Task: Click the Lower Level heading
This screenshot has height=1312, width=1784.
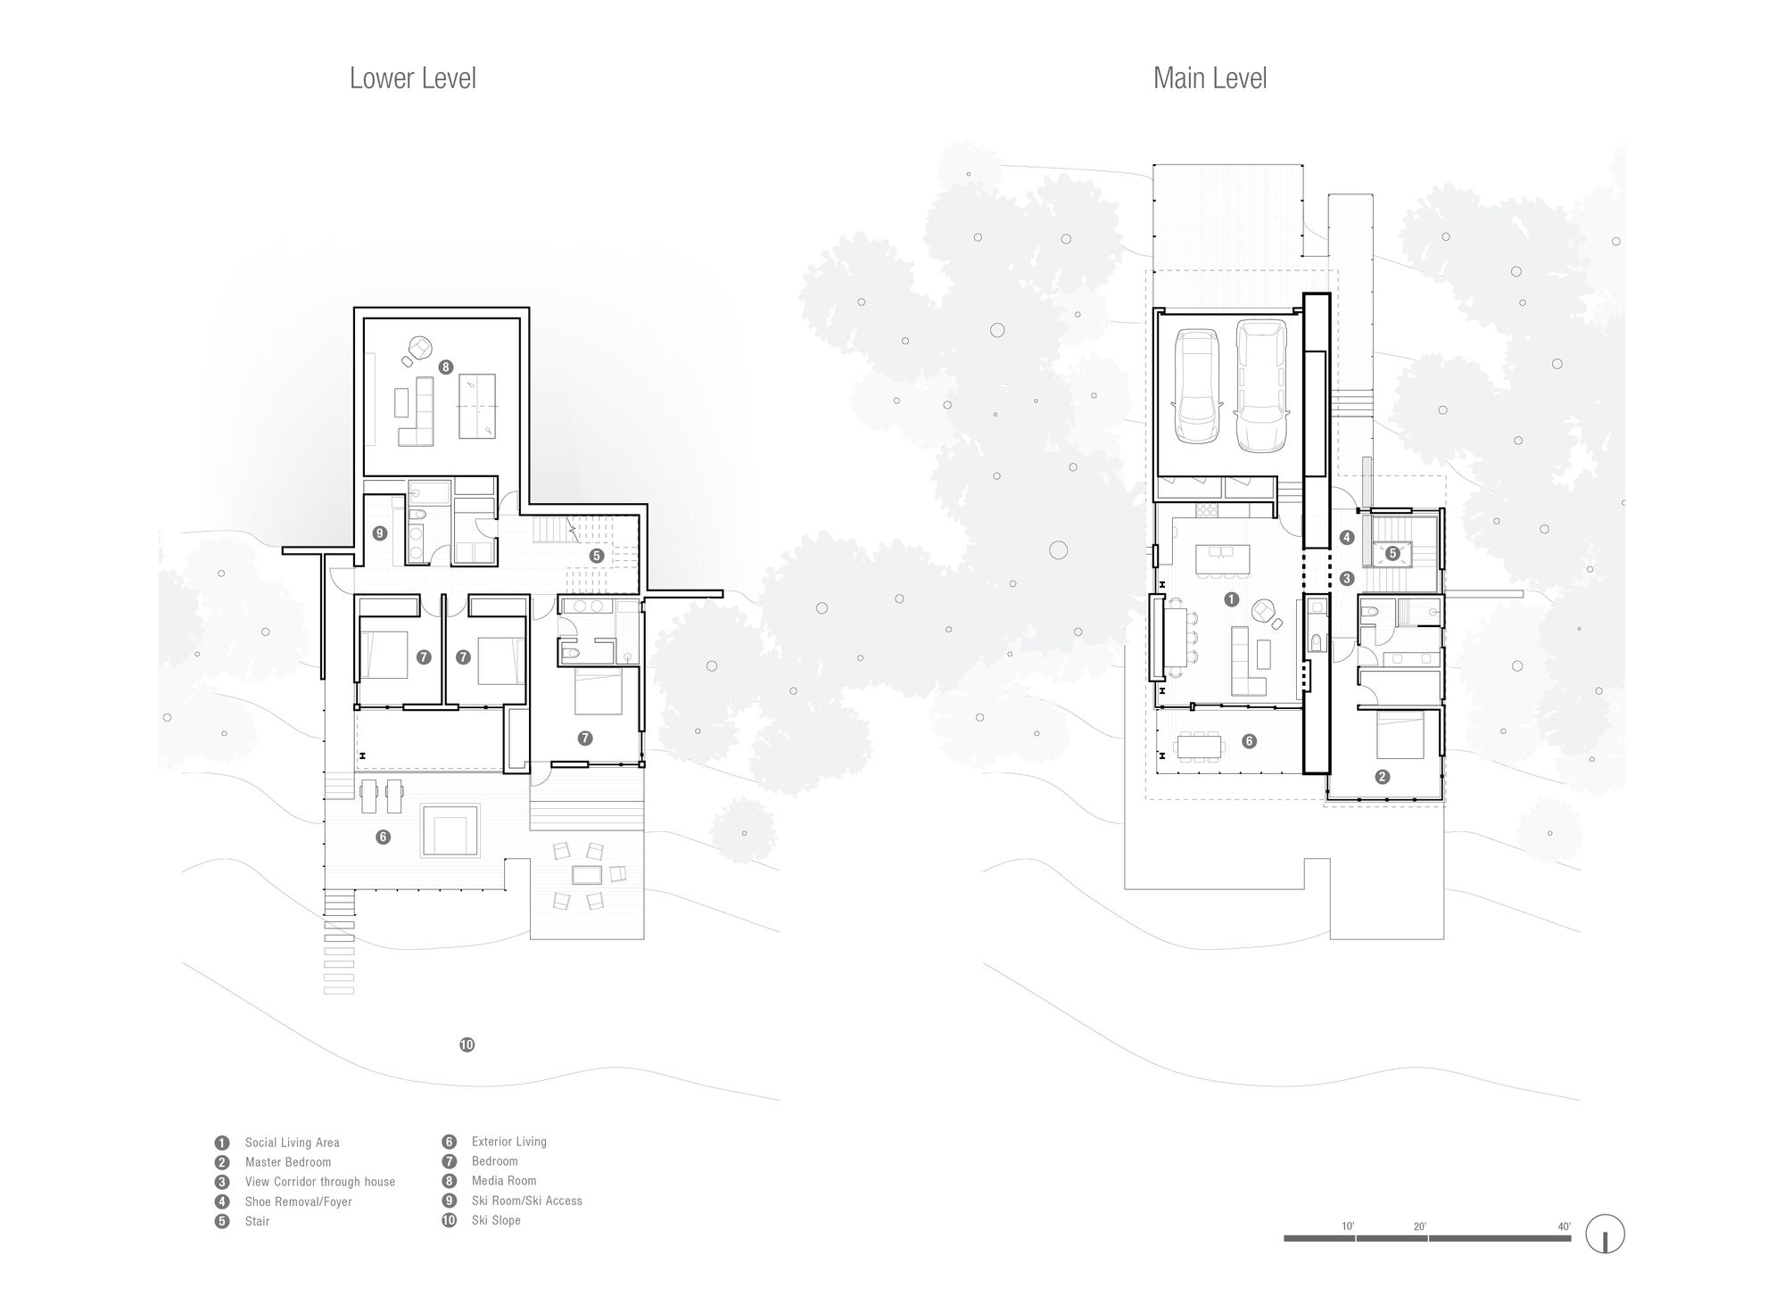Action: pos(413,78)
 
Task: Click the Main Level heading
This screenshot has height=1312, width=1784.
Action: pos(1210,78)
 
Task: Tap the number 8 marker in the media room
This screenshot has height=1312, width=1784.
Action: pos(446,367)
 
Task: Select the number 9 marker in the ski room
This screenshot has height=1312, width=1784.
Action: pos(380,533)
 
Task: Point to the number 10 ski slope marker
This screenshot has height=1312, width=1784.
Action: pos(467,1044)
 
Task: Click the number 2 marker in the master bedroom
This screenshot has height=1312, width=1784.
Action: pos(1382,777)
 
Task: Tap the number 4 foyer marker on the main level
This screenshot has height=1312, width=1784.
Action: pos(1347,537)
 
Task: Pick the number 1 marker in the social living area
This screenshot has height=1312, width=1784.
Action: pos(1232,599)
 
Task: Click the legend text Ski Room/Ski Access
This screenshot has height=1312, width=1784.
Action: pos(526,1201)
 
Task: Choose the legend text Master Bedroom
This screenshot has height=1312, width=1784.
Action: pos(288,1162)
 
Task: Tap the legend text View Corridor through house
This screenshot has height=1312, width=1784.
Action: pos(320,1182)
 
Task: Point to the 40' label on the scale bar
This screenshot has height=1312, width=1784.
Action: pos(1564,1226)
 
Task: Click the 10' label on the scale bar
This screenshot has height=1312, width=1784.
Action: pos(1348,1226)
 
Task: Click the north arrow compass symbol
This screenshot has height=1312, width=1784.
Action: pos(1605,1236)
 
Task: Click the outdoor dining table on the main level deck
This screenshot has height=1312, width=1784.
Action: pos(1201,746)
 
